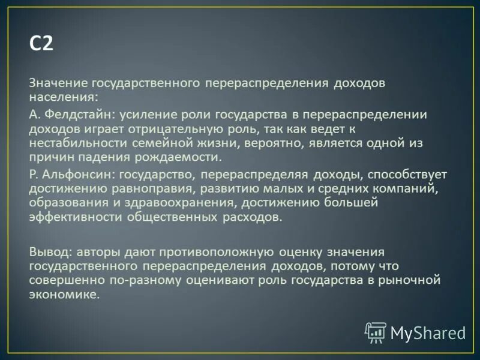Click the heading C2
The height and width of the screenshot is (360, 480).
point(41,45)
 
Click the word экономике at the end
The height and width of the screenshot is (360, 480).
point(63,295)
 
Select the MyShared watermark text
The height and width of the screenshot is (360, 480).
point(428,333)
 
